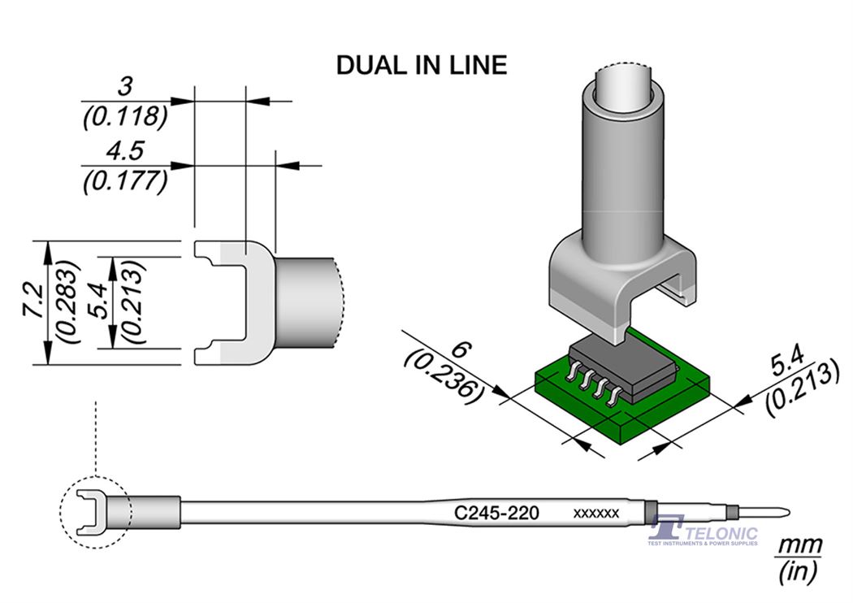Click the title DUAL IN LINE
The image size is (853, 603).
(x=422, y=65)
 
